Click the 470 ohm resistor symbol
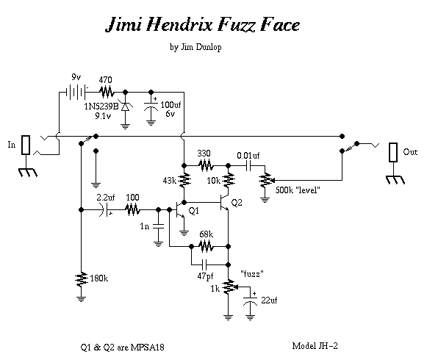click(107, 92)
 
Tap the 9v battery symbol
click(76, 93)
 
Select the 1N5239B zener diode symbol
click(125, 107)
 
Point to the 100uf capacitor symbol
click(151, 107)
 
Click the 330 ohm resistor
click(206, 165)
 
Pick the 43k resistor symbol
click(184, 180)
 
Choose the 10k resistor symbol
click(229, 180)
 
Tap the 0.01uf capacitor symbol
click(248, 165)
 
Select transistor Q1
click(179, 209)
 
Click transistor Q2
click(224, 203)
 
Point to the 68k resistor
click(206, 246)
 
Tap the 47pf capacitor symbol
click(204, 264)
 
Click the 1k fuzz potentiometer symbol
click(229, 287)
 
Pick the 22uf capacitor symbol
click(250, 300)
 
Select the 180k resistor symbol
click(81, 279)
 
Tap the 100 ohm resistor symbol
click(132, 209)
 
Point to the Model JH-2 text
click(315, 346)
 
